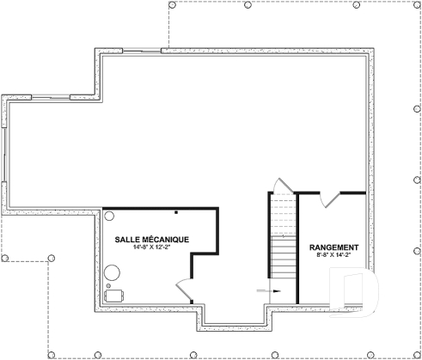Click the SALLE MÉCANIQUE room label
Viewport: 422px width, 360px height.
pos(152,240)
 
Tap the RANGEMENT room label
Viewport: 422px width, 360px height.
pos(333,247)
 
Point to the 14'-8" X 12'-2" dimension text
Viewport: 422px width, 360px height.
pos(152,247)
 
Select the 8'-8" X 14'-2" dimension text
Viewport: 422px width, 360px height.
pos(333,255)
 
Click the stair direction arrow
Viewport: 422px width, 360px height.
pos(268,291)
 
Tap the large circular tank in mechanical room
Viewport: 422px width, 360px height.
pos(112,272)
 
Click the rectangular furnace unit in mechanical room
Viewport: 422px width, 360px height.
pos(114,296)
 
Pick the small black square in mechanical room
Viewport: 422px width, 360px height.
pos(176,212)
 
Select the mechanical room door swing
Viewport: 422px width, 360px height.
pos(183,290)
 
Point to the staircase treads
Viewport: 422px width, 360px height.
pos(284,235)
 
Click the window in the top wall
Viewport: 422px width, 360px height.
pos(142,51)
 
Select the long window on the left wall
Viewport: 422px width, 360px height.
pos(4,155)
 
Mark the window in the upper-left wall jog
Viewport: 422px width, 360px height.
pos(51,97)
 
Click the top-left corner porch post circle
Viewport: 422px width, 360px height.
pos(172,4)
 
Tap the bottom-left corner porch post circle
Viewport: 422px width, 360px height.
pos(52,355)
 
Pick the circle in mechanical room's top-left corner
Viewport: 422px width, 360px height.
pos(109,216)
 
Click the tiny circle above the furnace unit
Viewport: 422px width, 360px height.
pos(108,285)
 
